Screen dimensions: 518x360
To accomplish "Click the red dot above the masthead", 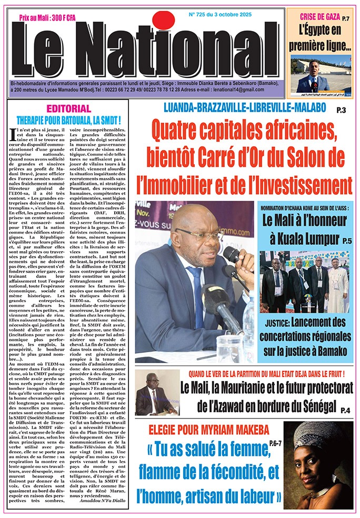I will (x=163, y=20).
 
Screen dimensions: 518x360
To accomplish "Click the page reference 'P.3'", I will (x=341, y=110).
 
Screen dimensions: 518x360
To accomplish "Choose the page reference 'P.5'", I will (x=346, y=241).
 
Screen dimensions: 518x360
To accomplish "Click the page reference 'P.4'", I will (x=345, y=410).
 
